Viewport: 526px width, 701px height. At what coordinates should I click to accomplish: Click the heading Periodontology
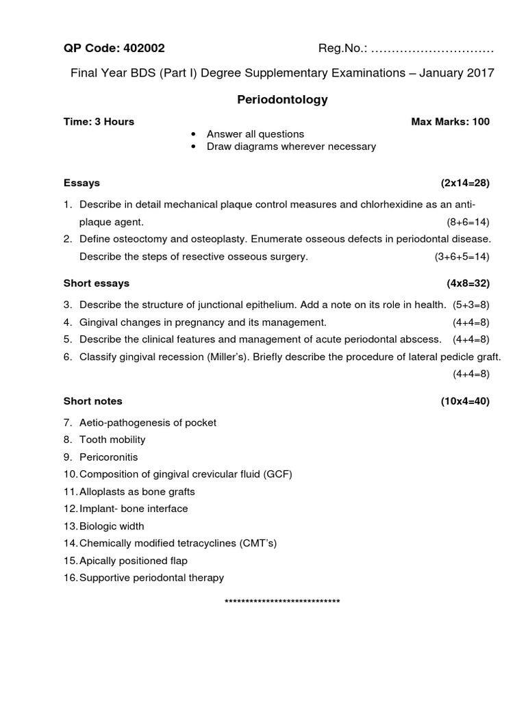pyautogui.click(x=282, y=100)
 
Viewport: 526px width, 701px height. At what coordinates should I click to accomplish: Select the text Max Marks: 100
pyautogui.click(x=450, y=122)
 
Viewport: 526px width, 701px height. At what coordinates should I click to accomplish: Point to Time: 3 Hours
pyautogui.click(x=99, y=122)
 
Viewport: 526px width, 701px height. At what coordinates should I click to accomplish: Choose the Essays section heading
pyautogui.click(x=82, y=183)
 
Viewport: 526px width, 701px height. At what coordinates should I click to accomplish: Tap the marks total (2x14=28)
pyautogui.click(x=465, y=183)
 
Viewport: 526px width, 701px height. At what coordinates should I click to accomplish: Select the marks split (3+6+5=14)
pyautogui.click(x=462, y=257)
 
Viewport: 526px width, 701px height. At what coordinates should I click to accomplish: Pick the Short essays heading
pyautogui.click(x=97, y=283)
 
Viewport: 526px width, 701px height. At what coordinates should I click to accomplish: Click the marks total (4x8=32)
pyautogui.click(x=468, y=283)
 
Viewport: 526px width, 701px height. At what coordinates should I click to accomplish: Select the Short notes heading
pyautogui.click(x=93, y=401)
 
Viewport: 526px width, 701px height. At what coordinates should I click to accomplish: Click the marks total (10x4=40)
pyautogui.click(x=465, y=401)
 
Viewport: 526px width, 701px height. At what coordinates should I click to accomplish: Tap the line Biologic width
pyautogui.click(x=112, y=526)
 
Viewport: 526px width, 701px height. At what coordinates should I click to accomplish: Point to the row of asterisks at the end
pyautogui.click(x=282, y=602)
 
